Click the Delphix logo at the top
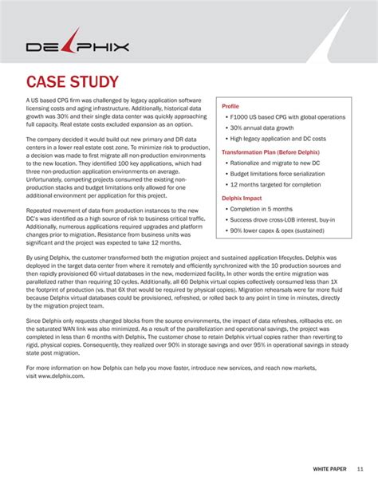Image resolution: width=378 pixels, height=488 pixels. [x=77, y=45]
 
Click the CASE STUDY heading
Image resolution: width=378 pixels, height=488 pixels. [x=73, y=83]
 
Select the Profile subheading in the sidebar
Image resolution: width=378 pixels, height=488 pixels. [x=230, y=106]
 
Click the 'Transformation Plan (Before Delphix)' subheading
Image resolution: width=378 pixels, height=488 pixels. [x=270, y=152]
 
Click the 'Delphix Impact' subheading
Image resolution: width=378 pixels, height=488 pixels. [x=242, y=197]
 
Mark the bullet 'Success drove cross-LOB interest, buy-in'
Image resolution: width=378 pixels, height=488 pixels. [x=287, y=220]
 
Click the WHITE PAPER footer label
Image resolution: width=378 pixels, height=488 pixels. [x=327, y=468]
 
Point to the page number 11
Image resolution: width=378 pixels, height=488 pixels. [x=360, y=468]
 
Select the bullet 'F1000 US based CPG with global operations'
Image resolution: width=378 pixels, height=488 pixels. [x=287, y=117]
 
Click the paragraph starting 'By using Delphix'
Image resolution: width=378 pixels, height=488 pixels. [x=188, y=282]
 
